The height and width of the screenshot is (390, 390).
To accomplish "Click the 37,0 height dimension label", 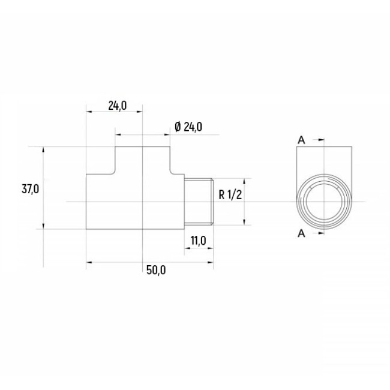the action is pos(31,189).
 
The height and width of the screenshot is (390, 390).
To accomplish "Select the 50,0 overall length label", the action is pos(156,270).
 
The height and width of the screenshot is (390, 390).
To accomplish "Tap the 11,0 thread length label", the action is pos(199,241).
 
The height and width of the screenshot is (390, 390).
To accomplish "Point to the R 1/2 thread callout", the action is pos(230,194).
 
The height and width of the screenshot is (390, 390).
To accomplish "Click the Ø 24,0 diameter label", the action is pos(188,127).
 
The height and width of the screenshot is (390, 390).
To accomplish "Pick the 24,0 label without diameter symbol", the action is pos(118,106).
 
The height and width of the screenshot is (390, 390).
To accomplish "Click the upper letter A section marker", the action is pos(301,140).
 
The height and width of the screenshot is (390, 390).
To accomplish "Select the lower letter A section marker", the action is pos(301,233).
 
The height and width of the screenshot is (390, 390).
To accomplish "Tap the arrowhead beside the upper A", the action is pos(322,140).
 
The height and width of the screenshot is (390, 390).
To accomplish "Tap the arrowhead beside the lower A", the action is pos(322,233).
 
